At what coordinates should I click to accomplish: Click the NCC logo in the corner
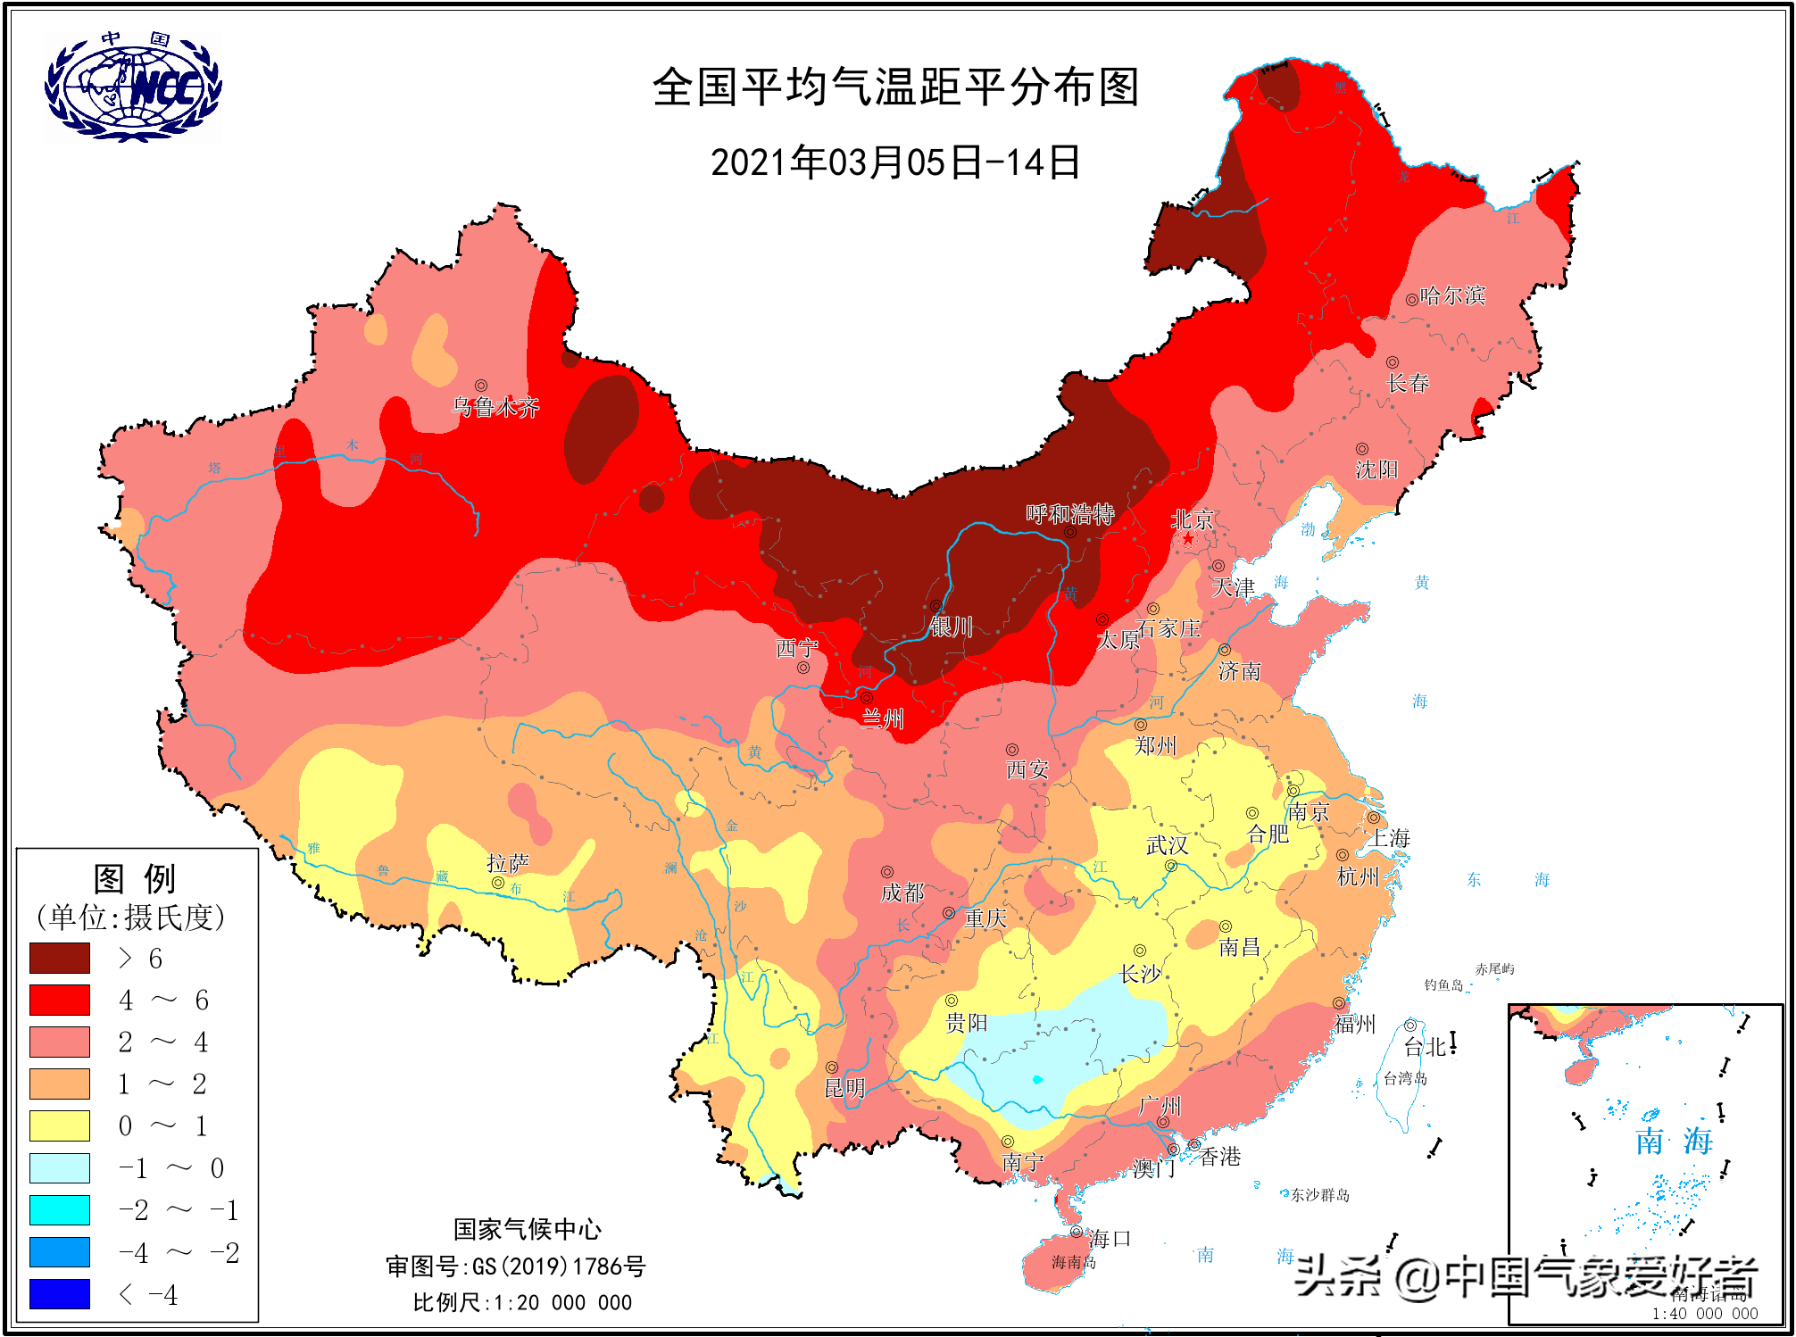[x=133, y=87]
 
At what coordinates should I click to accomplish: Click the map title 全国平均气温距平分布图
[x=895, y=87]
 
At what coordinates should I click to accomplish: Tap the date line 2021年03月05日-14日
[x=895, y=163]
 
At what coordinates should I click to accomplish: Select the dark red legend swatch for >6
[x=60, y=958]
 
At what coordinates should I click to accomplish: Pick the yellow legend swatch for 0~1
[x=60, y=1125]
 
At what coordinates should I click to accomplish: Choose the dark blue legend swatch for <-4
[x=60, y=1293]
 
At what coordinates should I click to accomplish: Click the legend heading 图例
[x=136, y=878]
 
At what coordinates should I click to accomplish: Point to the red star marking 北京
[x=1188, y=538]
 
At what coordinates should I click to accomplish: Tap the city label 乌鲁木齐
[x=495, y=407]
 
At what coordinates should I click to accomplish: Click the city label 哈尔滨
[x=1452, y=295]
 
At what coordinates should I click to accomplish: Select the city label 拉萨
[x=507, y=863]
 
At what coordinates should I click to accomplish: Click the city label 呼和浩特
[x=1069, y=513]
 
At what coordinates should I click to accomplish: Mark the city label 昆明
[x=844, y=1087]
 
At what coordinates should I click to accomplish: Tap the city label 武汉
[x=1167, y=844]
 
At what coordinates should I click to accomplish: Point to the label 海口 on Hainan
[x=1110, y=1238]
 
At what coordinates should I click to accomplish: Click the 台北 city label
[x=1425, y=1046]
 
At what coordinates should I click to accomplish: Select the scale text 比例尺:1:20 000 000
[x=522, y=1302]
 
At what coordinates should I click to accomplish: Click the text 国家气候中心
[x=527, y=1229]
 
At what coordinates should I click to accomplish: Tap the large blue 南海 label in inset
[x=1674, y=1141]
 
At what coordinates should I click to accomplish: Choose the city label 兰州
[x=882, y=718]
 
